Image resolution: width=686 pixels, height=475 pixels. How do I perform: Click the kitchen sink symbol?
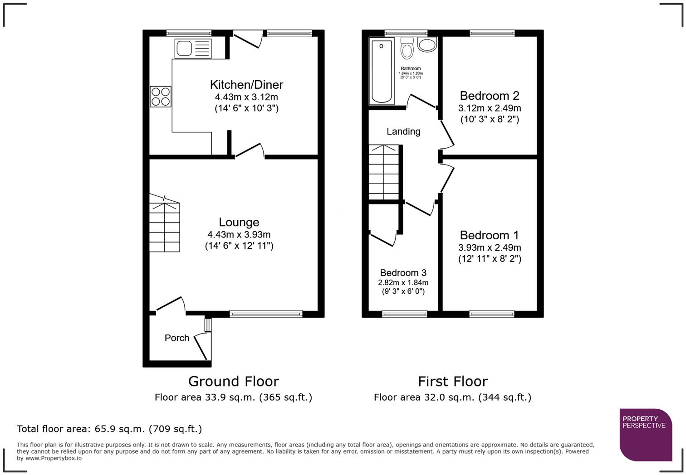pyautogui.click(x=193, y=48)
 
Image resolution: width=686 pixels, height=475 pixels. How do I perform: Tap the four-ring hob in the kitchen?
pyautogui.click(x=161, y=97)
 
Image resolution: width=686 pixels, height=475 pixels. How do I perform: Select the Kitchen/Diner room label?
pyautogui.click(x=246, y=85)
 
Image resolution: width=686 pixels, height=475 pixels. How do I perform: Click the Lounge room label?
pyautogui.click(x=239, y=222)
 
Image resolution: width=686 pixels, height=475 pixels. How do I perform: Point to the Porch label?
pyautogui.click(x=177, y=338)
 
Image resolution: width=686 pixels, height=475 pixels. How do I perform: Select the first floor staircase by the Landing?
pyautogui.click(x=384, y=172)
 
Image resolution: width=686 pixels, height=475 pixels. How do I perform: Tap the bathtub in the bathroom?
pyautogui.click(x=382, y=71)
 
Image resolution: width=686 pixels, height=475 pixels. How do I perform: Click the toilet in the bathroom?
pyautogui.click(x=407, y=48)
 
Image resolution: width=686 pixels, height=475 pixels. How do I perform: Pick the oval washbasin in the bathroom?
pyautogui.click(x=426, y=44)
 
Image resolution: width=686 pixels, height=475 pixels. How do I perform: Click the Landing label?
pyautogui.click(x=403, y=131)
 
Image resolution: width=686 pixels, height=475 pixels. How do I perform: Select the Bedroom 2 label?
pyautogui.click(x=490, y=96)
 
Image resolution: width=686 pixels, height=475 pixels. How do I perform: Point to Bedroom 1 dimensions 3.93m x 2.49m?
pyautogui.click(x=490, y=247)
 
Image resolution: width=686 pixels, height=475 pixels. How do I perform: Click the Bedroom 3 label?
pyautogui.click(x=403, y=273)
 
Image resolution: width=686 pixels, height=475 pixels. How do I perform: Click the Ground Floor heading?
pyautogui.click(x=233, y=381)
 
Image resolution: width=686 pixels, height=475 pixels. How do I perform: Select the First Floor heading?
pyautogui.click(x=452, y=381)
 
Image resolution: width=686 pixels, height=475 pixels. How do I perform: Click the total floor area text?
pyautogui.click(x=109, y=429)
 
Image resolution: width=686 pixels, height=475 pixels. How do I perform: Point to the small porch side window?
pyautogui.click(x=208, y=325)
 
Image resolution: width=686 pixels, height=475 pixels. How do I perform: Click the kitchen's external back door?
pyautogui.click(x=248, y=39)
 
